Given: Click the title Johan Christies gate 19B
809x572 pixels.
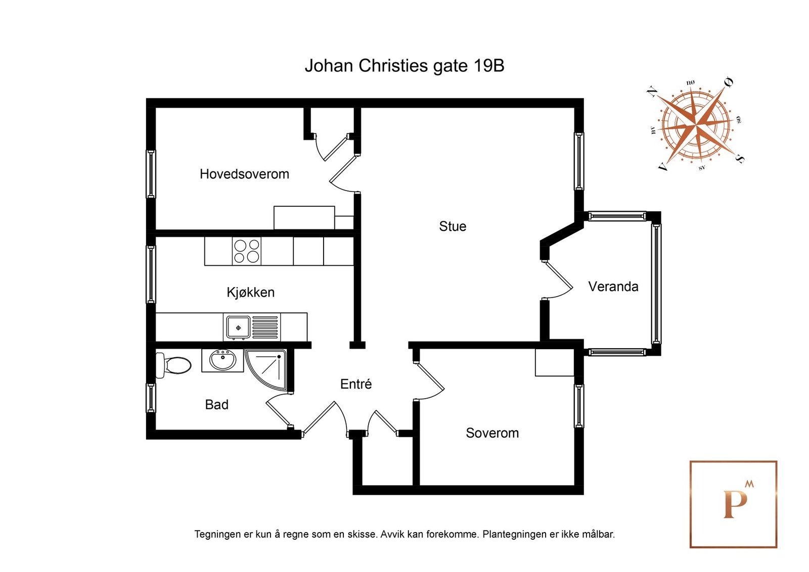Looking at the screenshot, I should [x=404, y=66].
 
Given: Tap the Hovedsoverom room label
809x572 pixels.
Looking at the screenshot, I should [x=244, y=174].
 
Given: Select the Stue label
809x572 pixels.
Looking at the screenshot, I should [x=452, y=226].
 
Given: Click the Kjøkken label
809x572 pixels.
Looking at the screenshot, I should [x=250, y=293].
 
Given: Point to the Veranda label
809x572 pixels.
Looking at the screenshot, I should [x=613, y=287].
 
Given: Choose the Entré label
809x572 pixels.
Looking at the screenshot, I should [x=355, y=385].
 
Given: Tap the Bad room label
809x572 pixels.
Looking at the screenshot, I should [x=216, y=405].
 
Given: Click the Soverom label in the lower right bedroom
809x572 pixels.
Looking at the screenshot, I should [x=492, y=433].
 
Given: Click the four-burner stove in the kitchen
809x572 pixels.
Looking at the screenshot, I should [x=246, y=251].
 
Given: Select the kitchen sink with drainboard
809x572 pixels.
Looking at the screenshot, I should [x=252, y=327].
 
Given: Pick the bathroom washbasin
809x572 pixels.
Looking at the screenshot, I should [x=222, y=360].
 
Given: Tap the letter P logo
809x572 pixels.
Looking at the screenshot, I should [x=734, y=504].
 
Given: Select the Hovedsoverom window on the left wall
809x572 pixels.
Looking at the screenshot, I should [x=151, y=174].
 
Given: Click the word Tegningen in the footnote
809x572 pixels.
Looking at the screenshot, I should [x=217, y=534].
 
